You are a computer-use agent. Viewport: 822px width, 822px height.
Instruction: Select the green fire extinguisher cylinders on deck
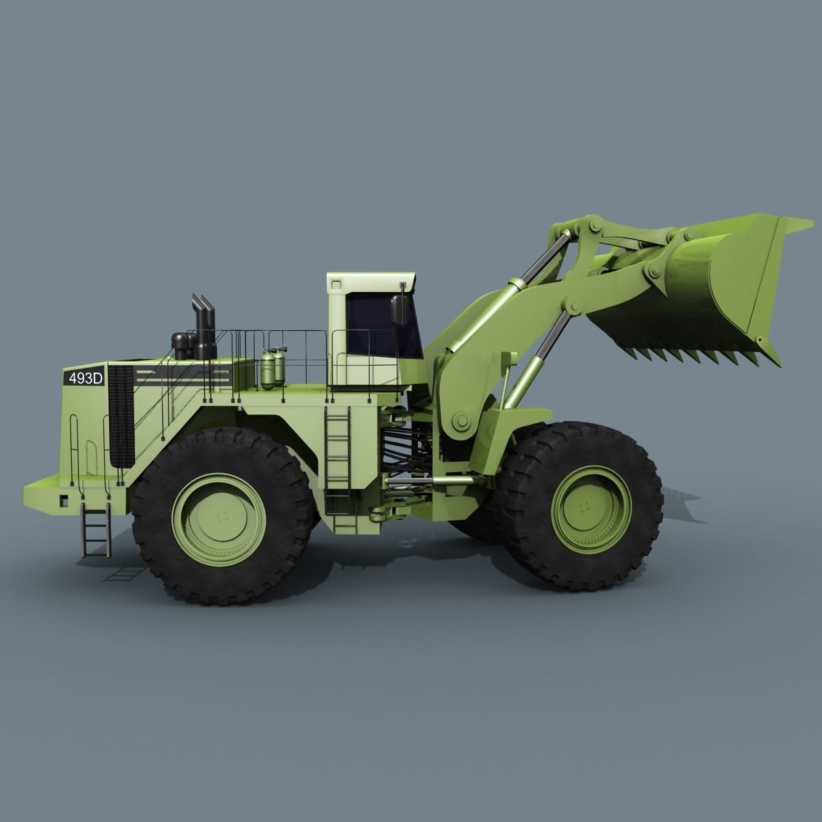pos(272,370)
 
